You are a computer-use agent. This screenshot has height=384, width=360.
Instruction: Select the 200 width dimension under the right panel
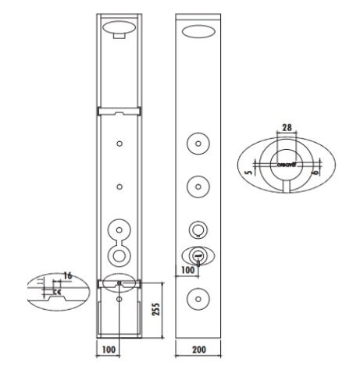pos(200,350)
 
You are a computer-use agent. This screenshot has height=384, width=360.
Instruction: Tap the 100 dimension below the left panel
pos(109,350)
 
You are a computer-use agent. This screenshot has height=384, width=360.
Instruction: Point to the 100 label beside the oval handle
pos(187,269)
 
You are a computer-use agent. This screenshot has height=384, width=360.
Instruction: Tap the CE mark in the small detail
pos(57,292)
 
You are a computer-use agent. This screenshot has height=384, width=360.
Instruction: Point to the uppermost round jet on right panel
pos(200,144)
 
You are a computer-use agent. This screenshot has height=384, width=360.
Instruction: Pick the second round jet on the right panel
pos(200,187)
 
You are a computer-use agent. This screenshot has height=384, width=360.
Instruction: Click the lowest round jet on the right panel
pos(200,298)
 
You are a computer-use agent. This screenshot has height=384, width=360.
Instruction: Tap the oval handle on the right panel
pos(199,254)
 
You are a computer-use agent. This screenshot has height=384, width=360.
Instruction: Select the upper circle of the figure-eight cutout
pos(119,231)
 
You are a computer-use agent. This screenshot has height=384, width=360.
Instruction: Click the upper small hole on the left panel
pos(119,144)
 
